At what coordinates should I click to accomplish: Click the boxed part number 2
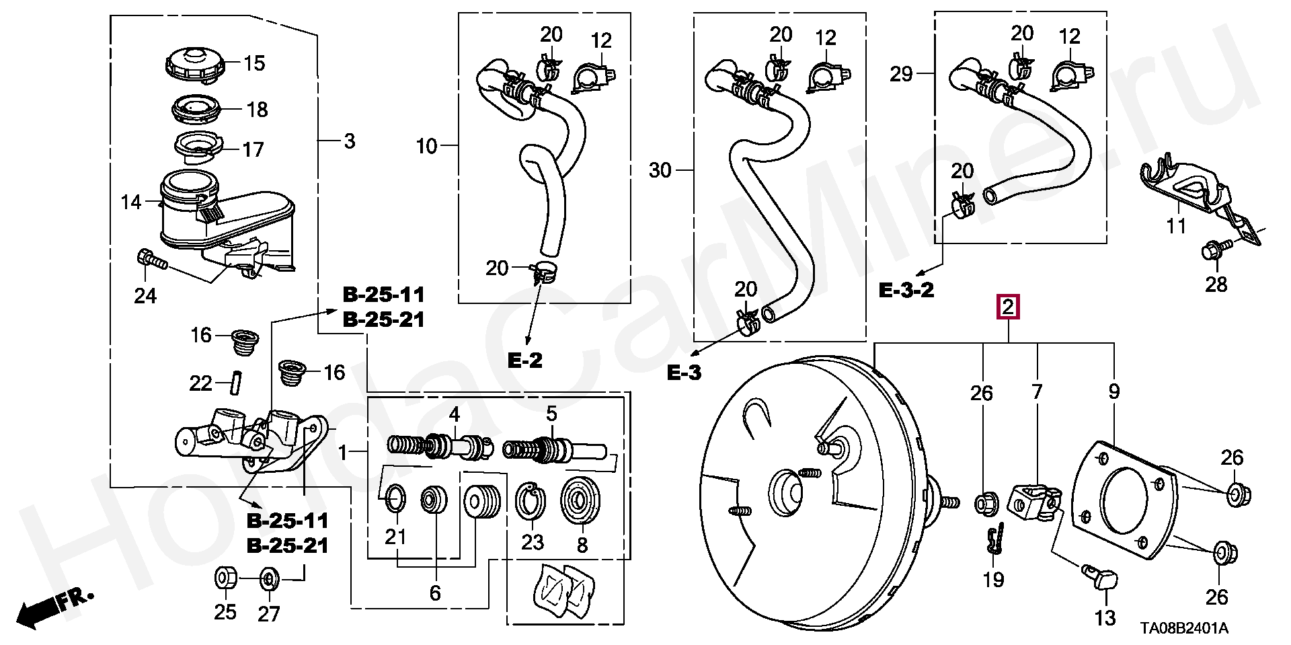click(x=1008, y=307)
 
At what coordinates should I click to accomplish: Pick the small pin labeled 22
click(x=236, y=383)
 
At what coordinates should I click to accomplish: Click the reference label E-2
click(x=524, y=361)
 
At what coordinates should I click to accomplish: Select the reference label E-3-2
click(x=906, y=291)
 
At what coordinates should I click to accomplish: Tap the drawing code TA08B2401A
click(x=1184, y=628)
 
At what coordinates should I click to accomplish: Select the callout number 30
click(x=660, y=170)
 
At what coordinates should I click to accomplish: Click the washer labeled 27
click(x=269, y=578)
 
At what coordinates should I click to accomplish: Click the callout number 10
click(x=427, y=146)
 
